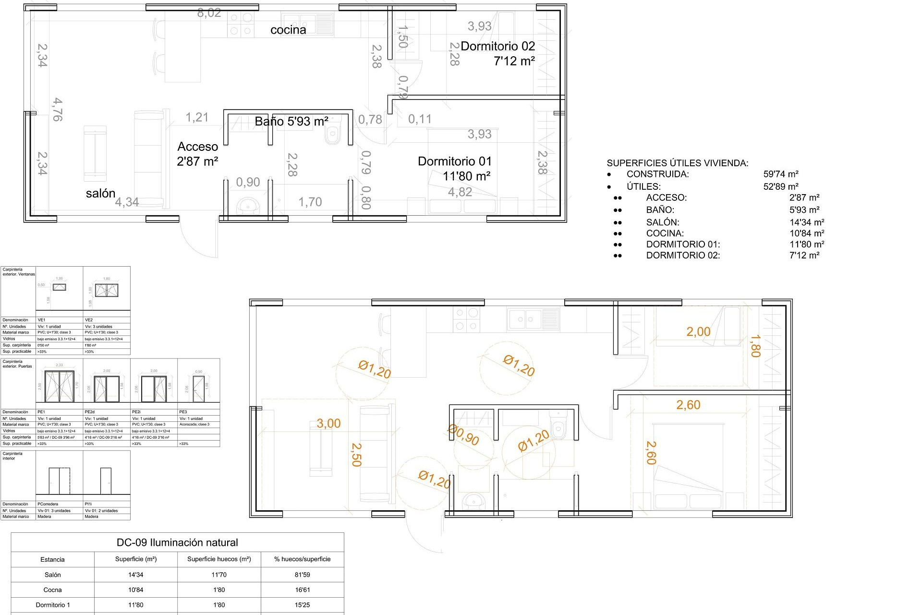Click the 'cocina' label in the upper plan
point(288,30)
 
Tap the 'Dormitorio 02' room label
point(497,47)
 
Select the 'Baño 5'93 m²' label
point(291,122)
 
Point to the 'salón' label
point(101,194)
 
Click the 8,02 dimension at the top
point(209,13)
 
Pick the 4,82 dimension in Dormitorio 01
point(460,192)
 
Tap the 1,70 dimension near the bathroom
point(310,202)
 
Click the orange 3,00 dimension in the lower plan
point(328,424)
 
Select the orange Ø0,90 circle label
point(464,435)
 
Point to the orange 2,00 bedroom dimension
point(698,332)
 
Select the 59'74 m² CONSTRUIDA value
point(781,174)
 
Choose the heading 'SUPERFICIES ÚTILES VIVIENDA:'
point(677,163)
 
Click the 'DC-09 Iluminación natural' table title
point(177,543)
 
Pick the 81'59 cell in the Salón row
point(302,575)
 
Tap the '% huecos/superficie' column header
point(302,559)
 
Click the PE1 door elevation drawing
point(59,386)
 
